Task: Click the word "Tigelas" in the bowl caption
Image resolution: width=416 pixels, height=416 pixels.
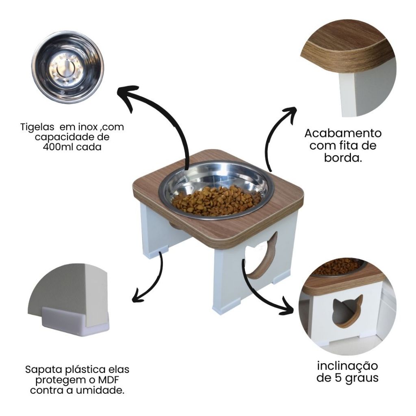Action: point(37,127)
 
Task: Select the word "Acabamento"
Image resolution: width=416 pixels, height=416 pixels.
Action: point(343,133)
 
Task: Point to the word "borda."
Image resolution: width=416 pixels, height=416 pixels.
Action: point(343,158)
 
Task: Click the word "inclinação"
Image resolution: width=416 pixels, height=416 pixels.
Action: point(347,366)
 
